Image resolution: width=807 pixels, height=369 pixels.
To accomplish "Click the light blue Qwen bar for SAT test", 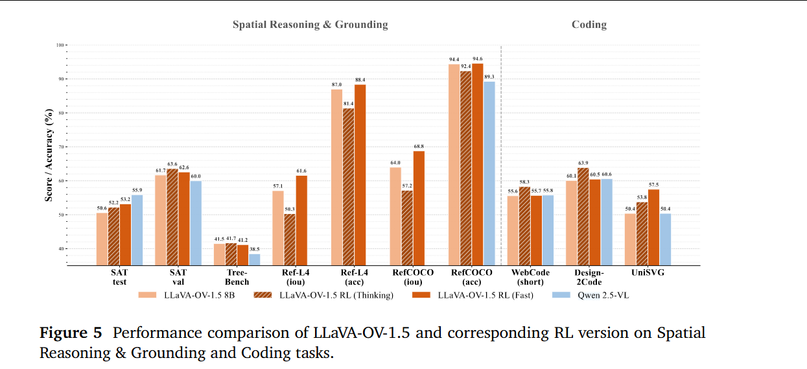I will [137, 230].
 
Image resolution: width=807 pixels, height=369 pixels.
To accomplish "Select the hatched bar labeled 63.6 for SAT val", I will [172, 217].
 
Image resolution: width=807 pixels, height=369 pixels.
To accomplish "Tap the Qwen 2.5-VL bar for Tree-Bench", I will [254, 259].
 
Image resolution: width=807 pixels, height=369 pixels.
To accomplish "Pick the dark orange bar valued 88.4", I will [360, 174].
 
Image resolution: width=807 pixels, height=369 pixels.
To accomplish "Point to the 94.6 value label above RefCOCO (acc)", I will [477, 59].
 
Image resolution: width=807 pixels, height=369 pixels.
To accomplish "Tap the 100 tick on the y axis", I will [61, 45].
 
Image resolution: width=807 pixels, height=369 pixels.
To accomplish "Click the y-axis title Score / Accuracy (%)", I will [49, 156].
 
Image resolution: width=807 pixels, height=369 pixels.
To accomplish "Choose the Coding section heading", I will [589, 25].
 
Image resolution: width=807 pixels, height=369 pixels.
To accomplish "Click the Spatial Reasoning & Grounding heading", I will [310, 25].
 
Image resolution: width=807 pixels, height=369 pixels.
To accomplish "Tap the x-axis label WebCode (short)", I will [530, 277].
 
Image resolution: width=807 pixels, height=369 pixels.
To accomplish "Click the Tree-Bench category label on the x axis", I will [237, 277].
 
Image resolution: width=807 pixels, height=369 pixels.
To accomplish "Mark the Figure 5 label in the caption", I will [71, 333].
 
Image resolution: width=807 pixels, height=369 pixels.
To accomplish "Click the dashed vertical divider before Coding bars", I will [501, 156].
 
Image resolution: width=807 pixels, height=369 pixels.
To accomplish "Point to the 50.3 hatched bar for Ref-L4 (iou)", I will [290, 239].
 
